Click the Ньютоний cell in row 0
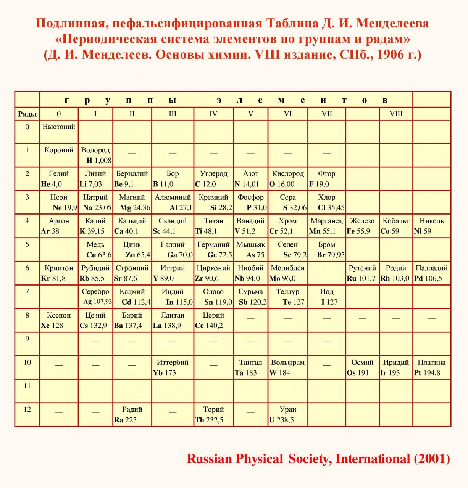coord(59,132)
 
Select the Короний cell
coord(59,155)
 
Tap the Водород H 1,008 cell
coord(95,155)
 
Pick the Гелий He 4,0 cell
coord(59,179)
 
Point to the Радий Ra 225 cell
coord(132,414)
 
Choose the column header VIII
coord(396,114)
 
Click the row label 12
coord(27,409)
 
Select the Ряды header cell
coord(27,114)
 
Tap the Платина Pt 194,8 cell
coord(431,368)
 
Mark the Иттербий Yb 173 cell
coord(173,368)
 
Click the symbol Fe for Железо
coord(351,231)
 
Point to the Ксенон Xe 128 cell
coord(59,320)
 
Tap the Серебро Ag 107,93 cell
coord(95,297)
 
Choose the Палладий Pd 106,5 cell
coord(431,273)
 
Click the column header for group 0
coord(59,114)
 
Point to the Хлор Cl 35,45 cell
coord(327,202)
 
